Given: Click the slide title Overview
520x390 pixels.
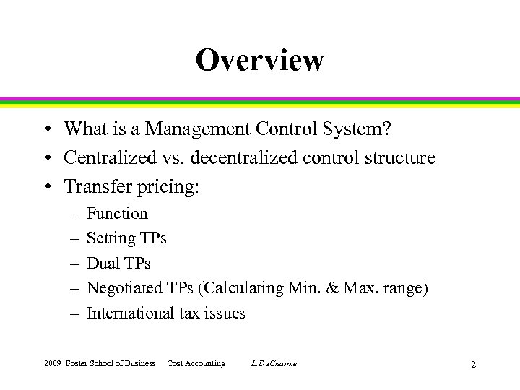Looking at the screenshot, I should point(259,60).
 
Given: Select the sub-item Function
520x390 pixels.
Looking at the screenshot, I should point(117,214).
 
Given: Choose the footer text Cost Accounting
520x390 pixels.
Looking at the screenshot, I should point(196,363).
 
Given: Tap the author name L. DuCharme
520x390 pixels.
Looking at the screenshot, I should point(274,363).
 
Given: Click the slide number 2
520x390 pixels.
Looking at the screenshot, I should point(473,364).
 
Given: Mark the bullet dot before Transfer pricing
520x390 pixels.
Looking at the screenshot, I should point(45,188).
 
